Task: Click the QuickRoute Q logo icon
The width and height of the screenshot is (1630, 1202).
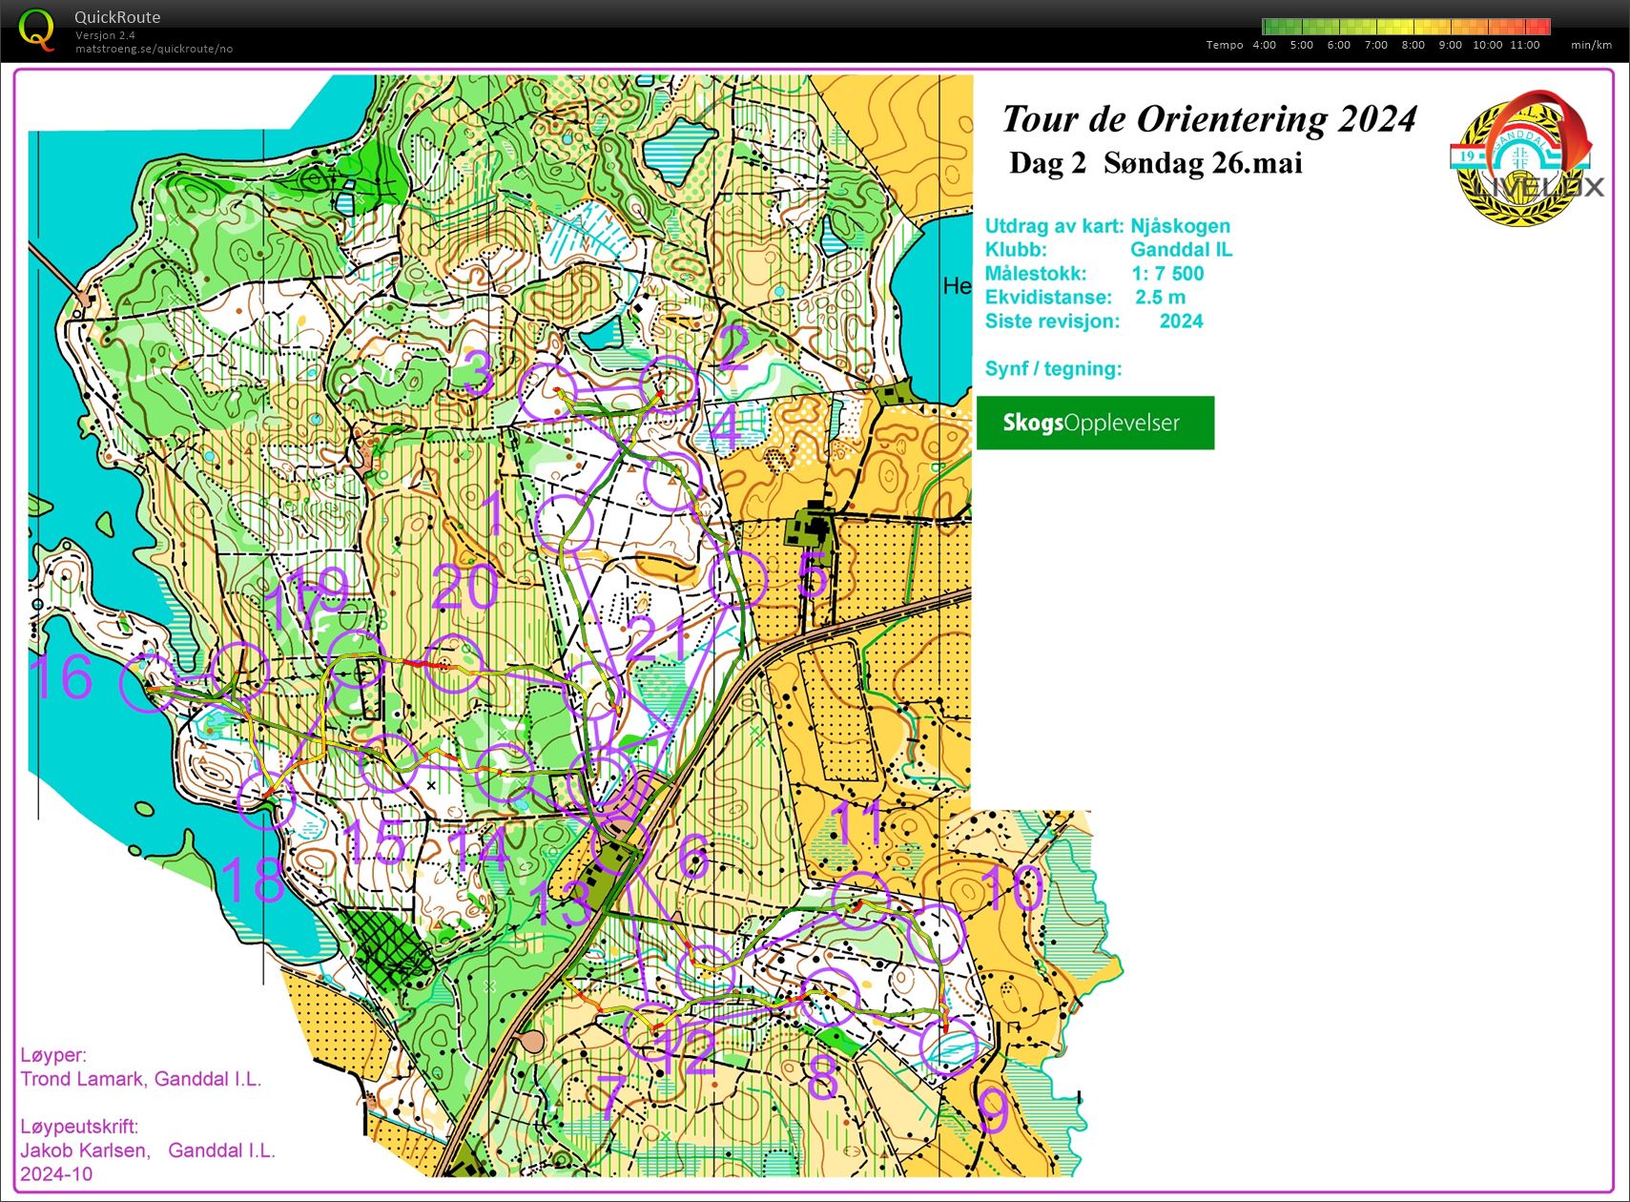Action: tap(36, 29)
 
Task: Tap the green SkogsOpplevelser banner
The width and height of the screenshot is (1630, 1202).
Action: tap(1095, 423)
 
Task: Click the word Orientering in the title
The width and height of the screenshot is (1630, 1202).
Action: tap(1231, 119)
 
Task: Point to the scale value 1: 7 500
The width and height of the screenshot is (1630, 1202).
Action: tap(1167, 274)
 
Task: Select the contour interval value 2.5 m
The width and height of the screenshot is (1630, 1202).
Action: tap(1160, 298)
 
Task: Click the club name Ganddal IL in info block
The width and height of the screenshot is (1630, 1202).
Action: tap(1181, 250)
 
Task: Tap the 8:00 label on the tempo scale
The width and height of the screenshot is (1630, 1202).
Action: tap(1413, 45)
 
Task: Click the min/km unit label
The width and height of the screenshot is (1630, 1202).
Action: tap(1591, 45)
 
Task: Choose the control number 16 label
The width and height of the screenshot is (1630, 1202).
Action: tap(61, 677)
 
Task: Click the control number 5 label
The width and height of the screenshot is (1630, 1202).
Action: tap(813, 577)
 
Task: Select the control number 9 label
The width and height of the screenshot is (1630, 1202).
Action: tap(994, 1110)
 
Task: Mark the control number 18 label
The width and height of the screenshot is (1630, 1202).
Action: tap(252, 880)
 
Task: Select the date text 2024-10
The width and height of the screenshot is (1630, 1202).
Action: tap(56, 1174)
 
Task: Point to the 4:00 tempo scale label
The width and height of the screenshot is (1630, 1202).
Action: tap(1264, 45)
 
